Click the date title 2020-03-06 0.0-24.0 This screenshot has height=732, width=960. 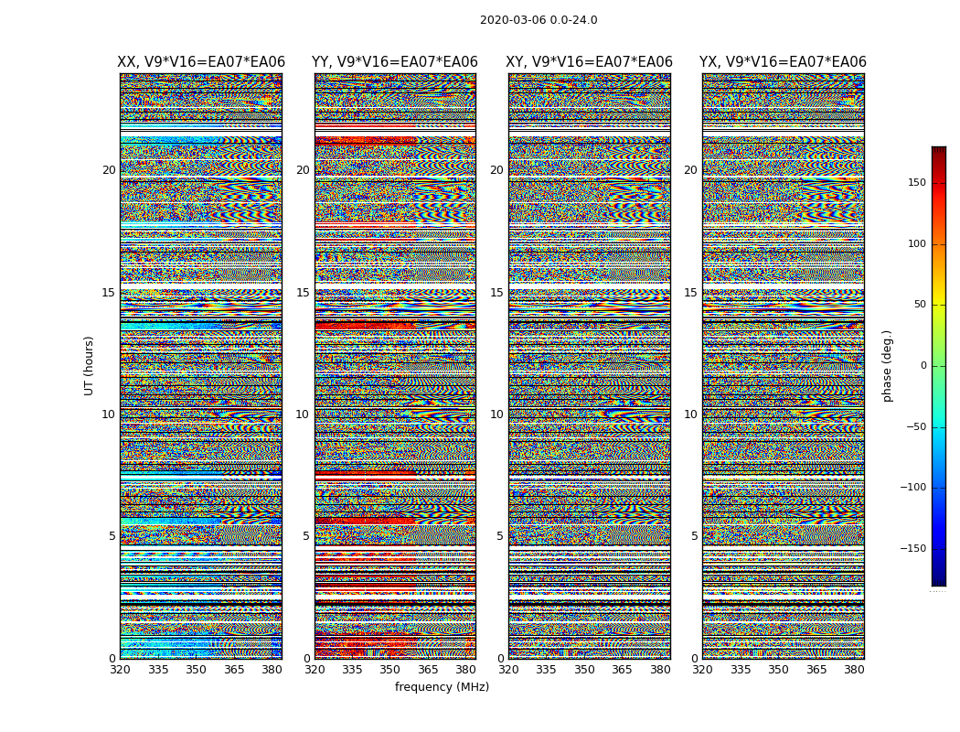click(539, 20)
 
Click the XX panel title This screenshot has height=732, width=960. click(201, 62)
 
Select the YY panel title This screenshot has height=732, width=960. click(395, 62)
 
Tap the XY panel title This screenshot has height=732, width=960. click(590, 62)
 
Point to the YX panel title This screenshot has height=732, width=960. click(783, 62)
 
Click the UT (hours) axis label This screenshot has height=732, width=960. click(90, 365)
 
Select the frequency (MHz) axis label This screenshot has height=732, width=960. click(442, 687)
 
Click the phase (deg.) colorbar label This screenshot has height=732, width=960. click(887, 365)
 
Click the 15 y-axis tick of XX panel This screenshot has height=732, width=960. click(109, 293)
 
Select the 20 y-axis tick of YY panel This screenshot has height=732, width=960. click(303, 170)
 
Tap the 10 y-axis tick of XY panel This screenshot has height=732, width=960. click(496, 414)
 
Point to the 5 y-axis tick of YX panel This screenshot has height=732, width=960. click(694, 536)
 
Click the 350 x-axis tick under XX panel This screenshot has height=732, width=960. click(197, 670)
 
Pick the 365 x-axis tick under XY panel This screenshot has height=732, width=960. click(622, 670)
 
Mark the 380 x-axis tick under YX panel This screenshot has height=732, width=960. click(854, 670)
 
